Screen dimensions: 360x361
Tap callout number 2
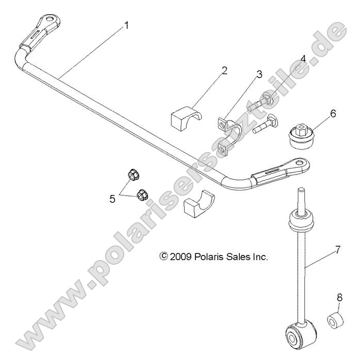(224, 70)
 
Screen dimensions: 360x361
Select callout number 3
(259, 74)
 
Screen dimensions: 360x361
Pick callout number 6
(333, 113)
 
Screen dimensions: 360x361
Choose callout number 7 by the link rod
(337, 250)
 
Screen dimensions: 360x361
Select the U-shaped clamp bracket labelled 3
(225, 135)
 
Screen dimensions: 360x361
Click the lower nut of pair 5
(142, 195)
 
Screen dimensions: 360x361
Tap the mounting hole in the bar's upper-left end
(51, 20)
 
